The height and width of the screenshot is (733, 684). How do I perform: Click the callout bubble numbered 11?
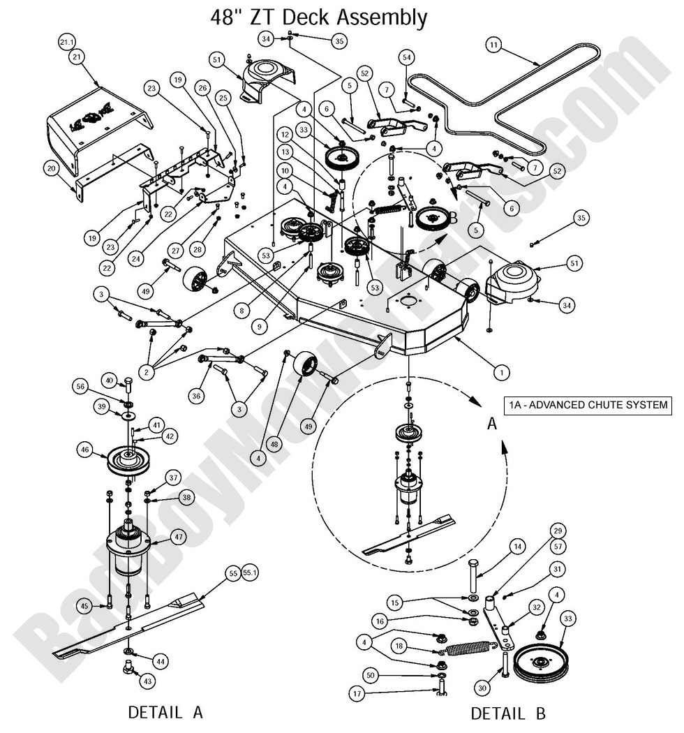(x=494, y=46)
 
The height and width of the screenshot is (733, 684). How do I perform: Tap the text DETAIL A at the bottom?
(x=165, y=712)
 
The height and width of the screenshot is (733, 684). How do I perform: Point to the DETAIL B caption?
(x=508, y=713)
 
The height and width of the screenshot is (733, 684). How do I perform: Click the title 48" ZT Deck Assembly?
(x=318, y=17)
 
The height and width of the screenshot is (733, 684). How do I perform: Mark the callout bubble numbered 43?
(x=149, y=680)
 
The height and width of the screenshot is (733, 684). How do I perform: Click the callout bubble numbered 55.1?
(x=251, y=572)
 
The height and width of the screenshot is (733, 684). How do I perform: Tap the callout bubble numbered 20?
(x=50, y=168)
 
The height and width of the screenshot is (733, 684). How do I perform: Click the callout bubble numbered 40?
(x=108, y=380)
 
